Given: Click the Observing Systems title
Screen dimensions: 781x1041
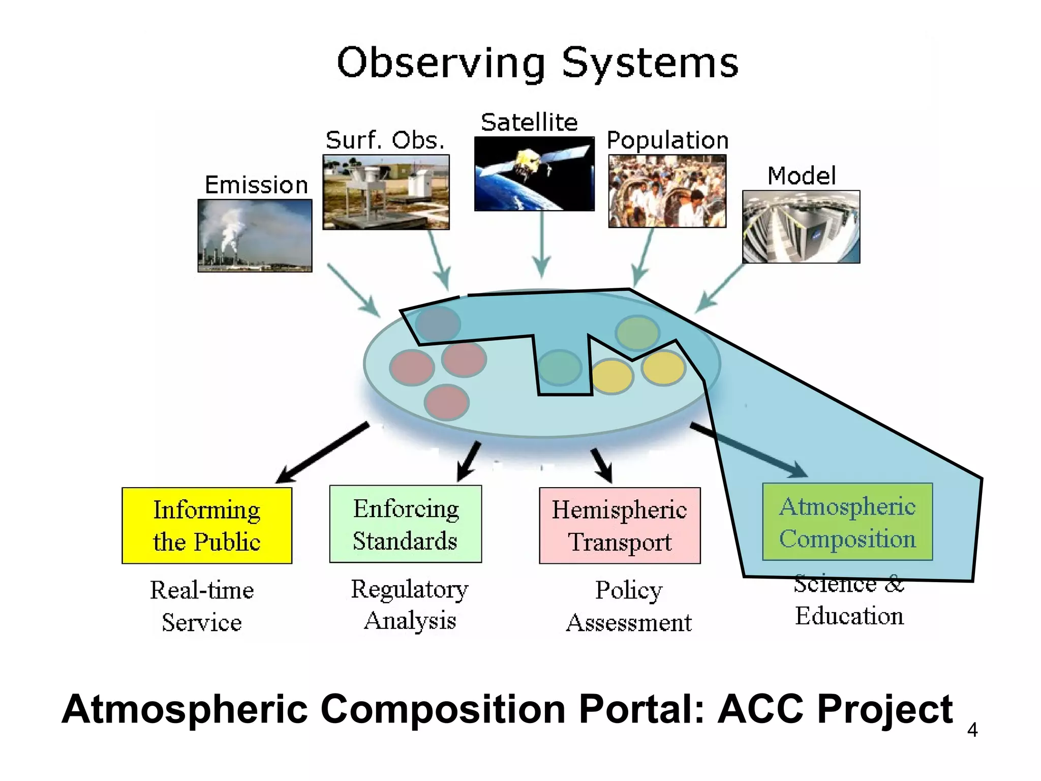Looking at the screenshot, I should coord(537,63).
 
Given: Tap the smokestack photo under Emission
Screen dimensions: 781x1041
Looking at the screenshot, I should coord(255,235).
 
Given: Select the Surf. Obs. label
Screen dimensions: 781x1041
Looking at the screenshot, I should coord(385,140).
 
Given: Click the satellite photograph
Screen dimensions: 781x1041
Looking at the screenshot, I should coord(534,173).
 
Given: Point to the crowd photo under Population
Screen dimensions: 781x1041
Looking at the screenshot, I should coord(667,191).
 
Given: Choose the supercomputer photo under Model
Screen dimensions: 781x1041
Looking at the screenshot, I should coord(801,227).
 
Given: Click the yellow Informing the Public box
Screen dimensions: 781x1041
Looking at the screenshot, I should coord(207,525).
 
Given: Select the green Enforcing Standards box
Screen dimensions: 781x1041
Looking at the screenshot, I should coord(405,524).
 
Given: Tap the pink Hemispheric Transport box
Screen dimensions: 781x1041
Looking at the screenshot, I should coord(619,525).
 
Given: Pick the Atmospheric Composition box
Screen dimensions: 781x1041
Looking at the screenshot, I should coord(847,522).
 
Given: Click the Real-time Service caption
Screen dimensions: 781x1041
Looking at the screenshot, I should coord(202,606).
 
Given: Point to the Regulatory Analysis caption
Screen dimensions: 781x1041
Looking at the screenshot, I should coord(410,605).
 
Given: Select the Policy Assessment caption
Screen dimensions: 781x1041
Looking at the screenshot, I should coord(629,606).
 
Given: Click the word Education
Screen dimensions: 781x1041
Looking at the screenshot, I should coord(849,616).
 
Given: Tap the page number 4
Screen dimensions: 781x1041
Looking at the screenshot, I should coord(972,730).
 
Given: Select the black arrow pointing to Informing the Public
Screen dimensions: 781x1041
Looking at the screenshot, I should coord(323,452).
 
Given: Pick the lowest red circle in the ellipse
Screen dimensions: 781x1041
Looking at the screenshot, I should coord(447,402).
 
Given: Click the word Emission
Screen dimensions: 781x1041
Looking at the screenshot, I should coord(256,185).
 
